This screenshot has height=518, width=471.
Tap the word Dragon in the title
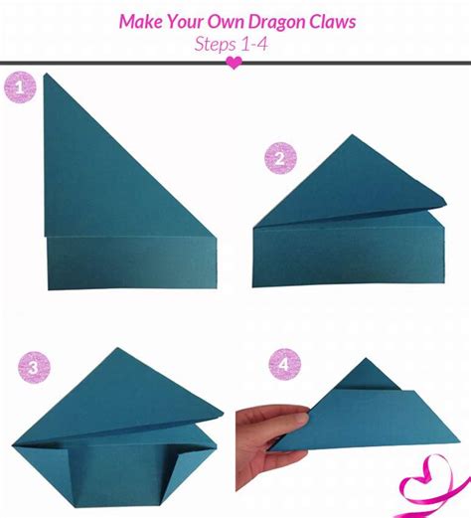[x=277, y=23]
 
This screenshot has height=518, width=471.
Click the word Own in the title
[x=227, y=22]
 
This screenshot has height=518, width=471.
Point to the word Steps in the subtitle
[x=215, y=45]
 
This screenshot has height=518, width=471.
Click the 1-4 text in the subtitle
[x=254, y=44]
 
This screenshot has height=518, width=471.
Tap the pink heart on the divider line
[x=234, y=63]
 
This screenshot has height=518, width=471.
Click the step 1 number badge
[x=20, y=87]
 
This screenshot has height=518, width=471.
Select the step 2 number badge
[x=280, y=158]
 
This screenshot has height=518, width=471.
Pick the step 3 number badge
[x=34, y=368]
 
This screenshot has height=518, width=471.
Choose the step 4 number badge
[x=284, y=364]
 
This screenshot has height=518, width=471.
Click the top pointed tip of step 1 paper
[x=46, y=75]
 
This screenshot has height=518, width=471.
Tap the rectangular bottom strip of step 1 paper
[x=132, y=263]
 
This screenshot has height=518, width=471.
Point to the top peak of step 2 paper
[x=352, y=135]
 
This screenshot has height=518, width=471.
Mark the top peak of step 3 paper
[x=117, y=348]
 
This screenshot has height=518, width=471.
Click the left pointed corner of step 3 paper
[x=13, y=445]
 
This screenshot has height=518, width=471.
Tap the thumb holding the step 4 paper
[x=290, y=420]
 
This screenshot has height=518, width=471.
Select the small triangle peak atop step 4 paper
[x=366, y=359]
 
